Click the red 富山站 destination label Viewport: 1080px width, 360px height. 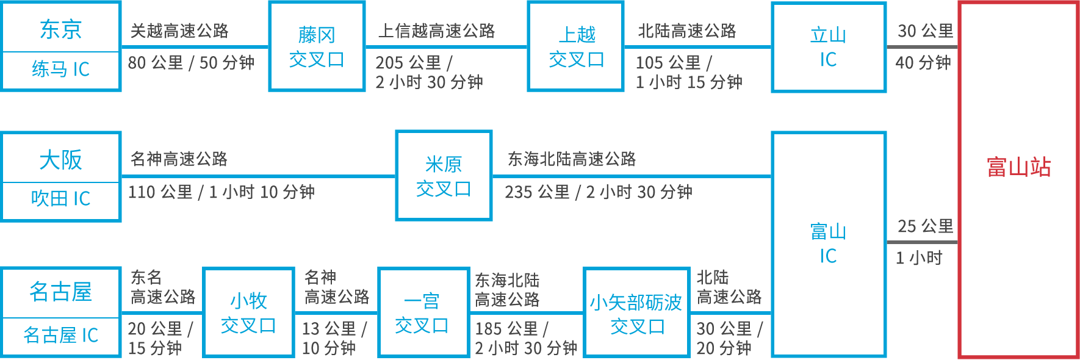click(1018, 167)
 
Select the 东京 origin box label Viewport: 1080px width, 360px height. click(60, 29)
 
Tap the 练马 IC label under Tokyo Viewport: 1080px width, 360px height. click(60, 69)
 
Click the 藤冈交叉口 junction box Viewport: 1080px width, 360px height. click(317, 47)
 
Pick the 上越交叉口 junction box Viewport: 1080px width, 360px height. click(576, 47)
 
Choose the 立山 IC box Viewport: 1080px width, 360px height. click(829, 47)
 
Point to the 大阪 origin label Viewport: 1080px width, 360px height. click(60, 160)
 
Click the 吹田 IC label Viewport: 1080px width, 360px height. click(60, 198)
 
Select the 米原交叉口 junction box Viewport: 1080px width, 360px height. click(444, 176)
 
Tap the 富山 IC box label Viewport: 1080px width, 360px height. click(828, 243)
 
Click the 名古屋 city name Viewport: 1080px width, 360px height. click(60, 292)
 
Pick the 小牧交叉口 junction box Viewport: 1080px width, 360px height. click(248, 312)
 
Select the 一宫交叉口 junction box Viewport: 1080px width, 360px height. click(422, 312)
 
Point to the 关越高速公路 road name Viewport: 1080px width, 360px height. click(179, 31)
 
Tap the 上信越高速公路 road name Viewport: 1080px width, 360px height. click(436, 31)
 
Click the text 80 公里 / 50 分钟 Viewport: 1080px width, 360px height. click(191, 62)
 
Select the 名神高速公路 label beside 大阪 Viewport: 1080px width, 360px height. click(179, 159)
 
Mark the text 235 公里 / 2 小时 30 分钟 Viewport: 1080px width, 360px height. click(598, 192)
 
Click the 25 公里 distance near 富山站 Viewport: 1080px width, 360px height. click(925, 226)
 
